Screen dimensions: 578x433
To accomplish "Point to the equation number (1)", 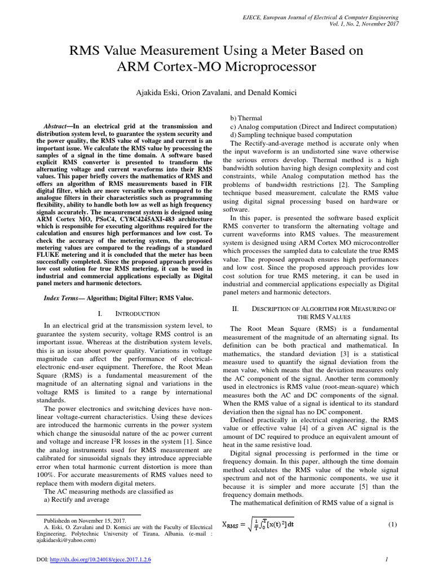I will (x=393, y=524).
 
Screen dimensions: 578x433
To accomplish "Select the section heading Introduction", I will (x=138, y=313).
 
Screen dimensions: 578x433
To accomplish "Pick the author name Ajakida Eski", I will (x=152, y=92).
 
